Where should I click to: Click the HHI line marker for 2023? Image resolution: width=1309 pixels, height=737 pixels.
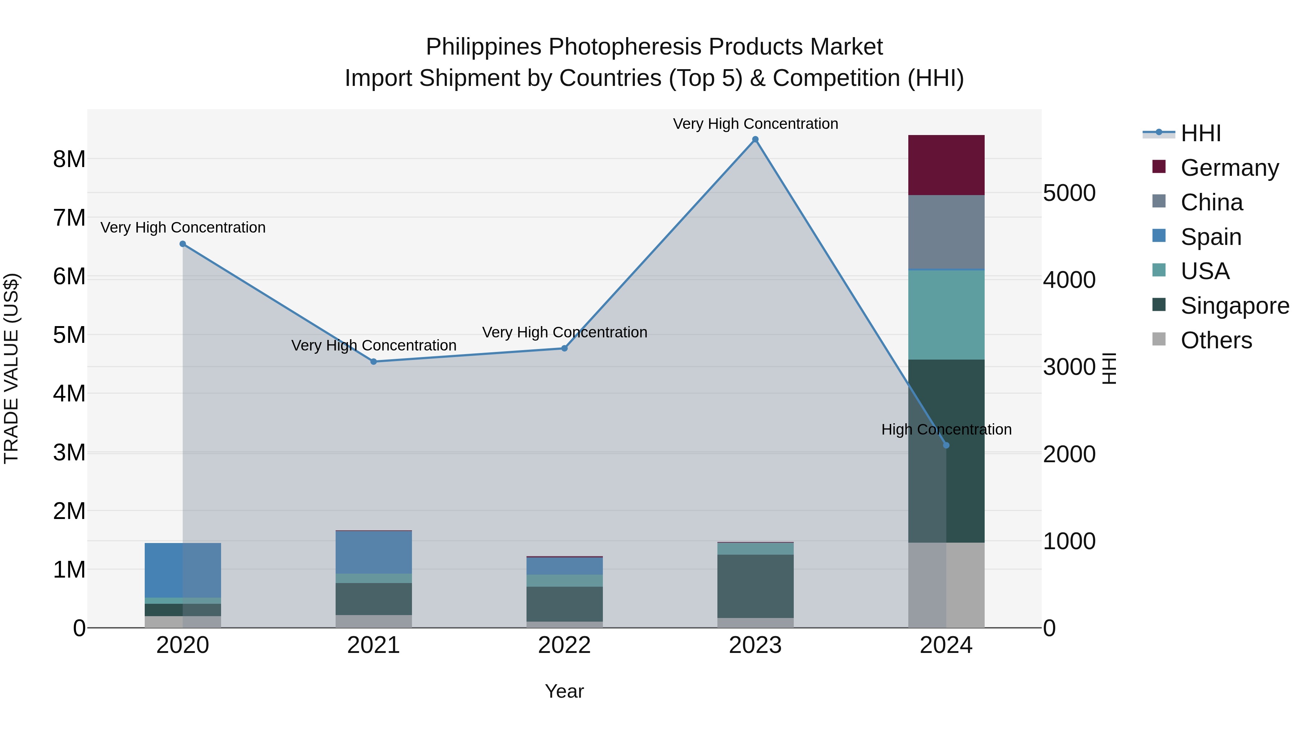tap(755, 139)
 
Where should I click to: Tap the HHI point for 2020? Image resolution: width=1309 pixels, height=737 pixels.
tap(183, 244)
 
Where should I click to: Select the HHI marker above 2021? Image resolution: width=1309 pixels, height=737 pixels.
tap(373, 362)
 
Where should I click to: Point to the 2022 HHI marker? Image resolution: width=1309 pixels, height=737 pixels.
tap(564, 348)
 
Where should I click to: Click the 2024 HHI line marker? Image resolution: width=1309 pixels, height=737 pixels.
tap(946, 445)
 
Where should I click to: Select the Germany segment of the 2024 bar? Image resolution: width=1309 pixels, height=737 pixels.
tap(946, 165)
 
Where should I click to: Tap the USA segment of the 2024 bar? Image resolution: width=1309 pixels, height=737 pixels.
tap(946, 315)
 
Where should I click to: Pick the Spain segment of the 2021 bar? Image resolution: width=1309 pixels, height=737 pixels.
tap(373, 552)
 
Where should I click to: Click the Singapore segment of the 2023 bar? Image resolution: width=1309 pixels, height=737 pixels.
tap(755, 586)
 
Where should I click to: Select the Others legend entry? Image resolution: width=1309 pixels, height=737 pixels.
tap(1216, 340)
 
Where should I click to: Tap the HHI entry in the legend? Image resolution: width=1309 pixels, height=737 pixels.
tap(1200, 133)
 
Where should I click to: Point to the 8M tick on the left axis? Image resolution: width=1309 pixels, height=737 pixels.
tap(69, 159)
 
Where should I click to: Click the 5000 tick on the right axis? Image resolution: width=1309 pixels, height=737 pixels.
tap(1069, 193)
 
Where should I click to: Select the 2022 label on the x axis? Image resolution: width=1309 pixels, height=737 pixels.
tap(564, 645)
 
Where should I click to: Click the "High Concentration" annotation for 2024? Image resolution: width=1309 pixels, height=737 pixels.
tap(946, 429)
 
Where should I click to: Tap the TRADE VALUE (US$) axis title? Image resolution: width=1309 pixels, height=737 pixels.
tap(11, 368)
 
